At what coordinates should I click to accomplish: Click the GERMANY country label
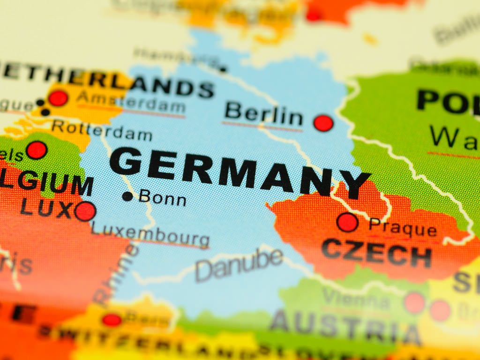click(239, 171)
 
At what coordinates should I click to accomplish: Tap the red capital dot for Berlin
click(323, 123)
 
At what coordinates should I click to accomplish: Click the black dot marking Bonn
click(127, 196)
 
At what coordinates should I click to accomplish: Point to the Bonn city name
click(163, 198)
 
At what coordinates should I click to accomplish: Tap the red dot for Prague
click(347, 222)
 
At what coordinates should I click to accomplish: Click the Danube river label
click(239, 264)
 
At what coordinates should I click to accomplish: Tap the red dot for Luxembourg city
click(85, 211)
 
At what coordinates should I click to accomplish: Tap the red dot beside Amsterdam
click(58, 98)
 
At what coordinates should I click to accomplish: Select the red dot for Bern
click(112, 320)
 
